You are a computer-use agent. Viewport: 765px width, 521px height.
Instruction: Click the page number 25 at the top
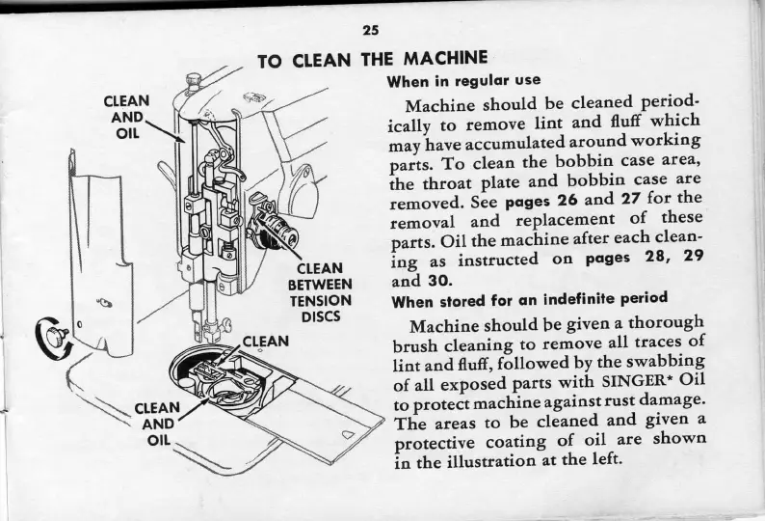tap(370, 30)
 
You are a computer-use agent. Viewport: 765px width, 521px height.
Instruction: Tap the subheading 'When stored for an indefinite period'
tap(529, 299)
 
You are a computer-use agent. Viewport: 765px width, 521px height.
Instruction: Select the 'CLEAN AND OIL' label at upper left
tap(126, 116)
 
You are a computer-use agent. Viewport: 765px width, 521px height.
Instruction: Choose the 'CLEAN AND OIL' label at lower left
tap(152, 424)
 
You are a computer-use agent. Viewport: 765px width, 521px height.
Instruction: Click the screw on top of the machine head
tap(194, 80)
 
